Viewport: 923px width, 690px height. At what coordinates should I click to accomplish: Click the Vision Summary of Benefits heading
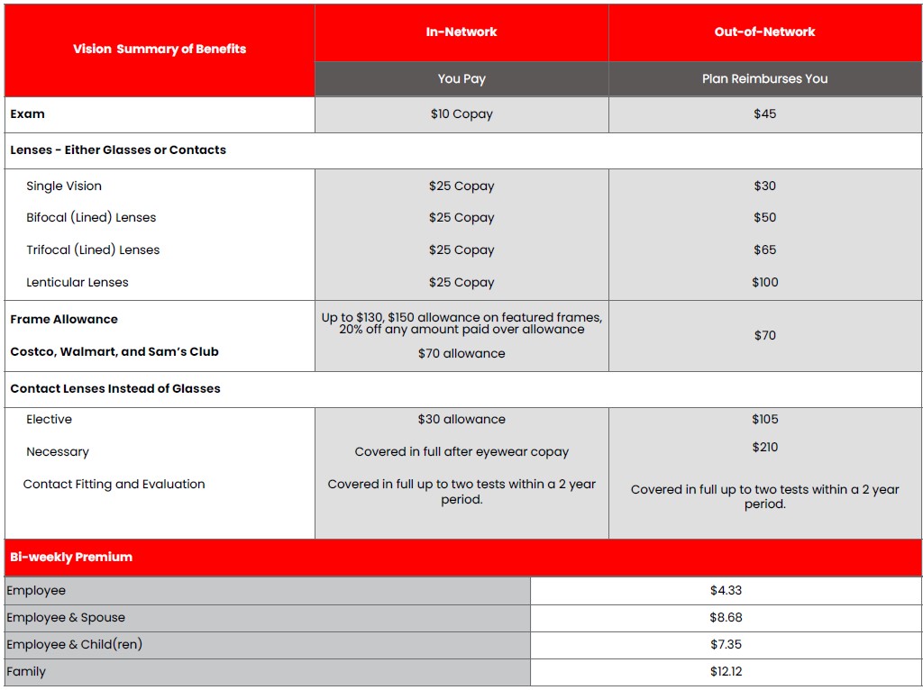[x=160, y=49]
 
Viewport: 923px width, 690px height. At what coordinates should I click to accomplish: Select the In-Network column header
[x=461, y=32]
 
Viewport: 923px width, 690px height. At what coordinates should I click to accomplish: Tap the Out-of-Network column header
[x=764, y=32]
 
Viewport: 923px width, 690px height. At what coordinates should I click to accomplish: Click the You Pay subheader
[x=461, y=78]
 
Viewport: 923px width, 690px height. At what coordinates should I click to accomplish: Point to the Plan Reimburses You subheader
[x=764, y=78]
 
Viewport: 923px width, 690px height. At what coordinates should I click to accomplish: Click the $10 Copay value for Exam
[x=461, y=114]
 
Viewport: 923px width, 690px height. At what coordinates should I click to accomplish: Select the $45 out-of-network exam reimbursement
[x=764, y=114]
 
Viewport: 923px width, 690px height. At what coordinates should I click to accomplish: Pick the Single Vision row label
[x=64, y=186]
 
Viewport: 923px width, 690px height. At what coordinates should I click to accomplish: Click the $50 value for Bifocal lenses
[x=764, y=218]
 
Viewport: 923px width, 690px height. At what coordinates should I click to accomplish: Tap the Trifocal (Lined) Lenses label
[x=93, y=250]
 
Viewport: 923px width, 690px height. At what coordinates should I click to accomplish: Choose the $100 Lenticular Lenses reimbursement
[x=764, y=283]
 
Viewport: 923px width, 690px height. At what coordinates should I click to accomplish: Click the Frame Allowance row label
[x=64, y=320]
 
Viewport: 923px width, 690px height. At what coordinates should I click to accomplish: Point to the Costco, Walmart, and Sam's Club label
[x=114, y=352]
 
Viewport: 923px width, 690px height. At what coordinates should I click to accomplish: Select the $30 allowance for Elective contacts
[x=461, y=420]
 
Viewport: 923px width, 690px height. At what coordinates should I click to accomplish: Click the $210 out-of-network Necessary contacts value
[x=764, y=448]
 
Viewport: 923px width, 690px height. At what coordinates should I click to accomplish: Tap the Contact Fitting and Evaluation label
[x=114, y=485]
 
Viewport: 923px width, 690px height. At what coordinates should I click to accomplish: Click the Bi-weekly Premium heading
[x=71, y=558]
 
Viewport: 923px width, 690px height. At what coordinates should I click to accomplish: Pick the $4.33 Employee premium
[x=726, y=591]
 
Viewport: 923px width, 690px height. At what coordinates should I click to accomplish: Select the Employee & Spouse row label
[x=66, y=618]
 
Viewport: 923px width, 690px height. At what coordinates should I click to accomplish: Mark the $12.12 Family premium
[x=726, y=672]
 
